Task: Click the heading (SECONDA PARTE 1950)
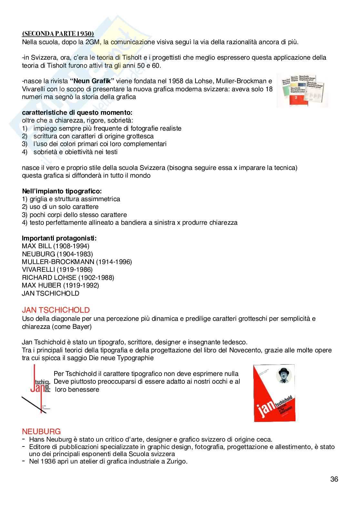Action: tap(58, 34)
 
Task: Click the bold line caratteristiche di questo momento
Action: tap(77, 113)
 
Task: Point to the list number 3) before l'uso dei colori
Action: tap(25, 144)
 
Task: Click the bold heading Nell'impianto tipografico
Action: tap(62, 191)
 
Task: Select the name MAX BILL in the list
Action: tap(37, 246)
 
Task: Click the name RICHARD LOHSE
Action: tap(49, 278)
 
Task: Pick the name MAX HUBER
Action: tap(41, 286)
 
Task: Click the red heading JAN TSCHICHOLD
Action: tap(56, 310)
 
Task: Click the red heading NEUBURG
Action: tap(41, 432)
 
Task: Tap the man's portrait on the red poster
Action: tap(284, 375)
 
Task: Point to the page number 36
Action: tap(334, 479)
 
